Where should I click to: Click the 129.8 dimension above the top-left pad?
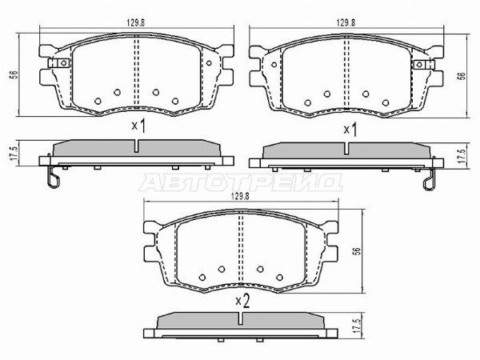(x=136, y=23)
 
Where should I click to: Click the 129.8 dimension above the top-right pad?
(x=346, y=23)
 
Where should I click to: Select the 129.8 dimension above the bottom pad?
(x=240, y=197)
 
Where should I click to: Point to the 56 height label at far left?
(x=14, y=74)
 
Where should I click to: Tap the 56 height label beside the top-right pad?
(x=462, y=76)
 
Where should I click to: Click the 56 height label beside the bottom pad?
(x=357, y=251)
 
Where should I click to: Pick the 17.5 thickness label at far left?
(x=13, y=154)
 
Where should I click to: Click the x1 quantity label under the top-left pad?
(x=138, y=126)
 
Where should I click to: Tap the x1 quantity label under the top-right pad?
(x=350, y=130)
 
